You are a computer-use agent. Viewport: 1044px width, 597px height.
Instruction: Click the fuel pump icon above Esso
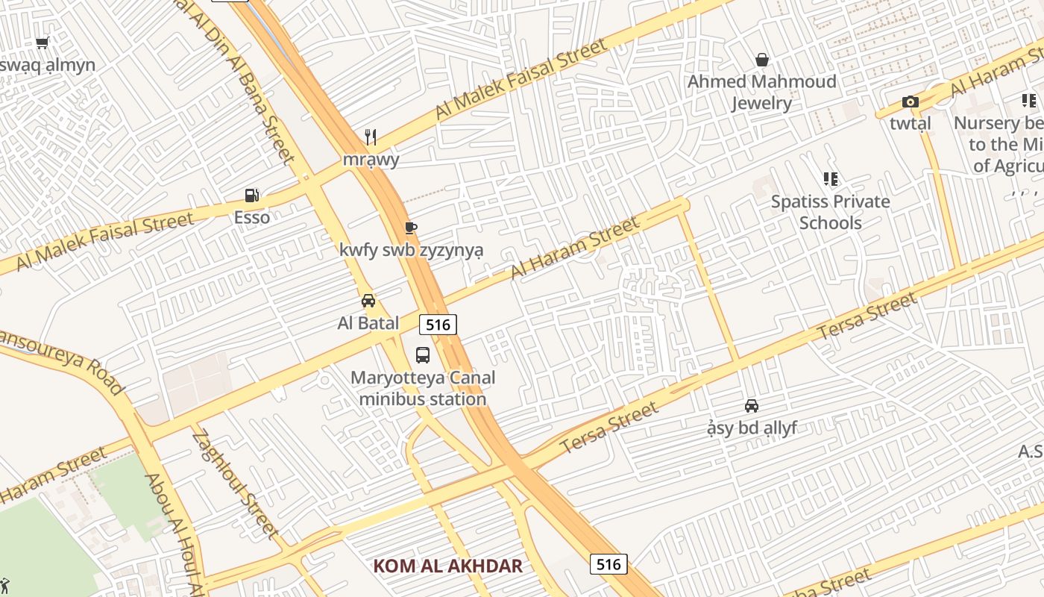[x=252, y=196]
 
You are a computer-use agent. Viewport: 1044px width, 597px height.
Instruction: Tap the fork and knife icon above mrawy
[x=371, y=137]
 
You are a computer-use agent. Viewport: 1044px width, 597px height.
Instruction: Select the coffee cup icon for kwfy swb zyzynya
[x=410, y=228]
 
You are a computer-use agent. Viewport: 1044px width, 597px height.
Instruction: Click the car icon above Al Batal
[x=368, y=301]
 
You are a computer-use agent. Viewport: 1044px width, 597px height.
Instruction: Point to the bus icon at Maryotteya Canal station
[x=423, y=354]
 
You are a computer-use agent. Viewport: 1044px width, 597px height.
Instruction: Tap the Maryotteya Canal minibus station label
[x=423, y=388]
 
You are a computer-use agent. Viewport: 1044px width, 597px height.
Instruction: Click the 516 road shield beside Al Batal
[x=438, y=325]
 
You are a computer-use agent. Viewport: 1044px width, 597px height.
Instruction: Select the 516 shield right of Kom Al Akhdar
[x=609, y=564]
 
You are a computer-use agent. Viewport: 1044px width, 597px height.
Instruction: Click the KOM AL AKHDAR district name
[x=447, y=566]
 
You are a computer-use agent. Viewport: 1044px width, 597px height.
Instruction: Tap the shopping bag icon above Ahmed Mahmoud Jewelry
[x=762, y=59]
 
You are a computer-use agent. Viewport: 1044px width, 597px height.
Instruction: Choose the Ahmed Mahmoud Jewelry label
[x=761, y=92]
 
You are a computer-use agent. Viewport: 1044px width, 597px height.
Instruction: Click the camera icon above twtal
[x=910, y=102]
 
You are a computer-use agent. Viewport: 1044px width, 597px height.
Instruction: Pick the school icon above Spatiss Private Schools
[x=831, y=179]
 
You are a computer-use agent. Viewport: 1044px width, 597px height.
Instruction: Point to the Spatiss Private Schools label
[x=830, y=212]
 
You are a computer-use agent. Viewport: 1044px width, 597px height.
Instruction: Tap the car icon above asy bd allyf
[x=752, y=406]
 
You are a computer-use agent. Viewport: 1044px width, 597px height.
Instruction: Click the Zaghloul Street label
[x=235, y=483]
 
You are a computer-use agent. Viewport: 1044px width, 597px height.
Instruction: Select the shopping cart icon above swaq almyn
[x=43, y=43]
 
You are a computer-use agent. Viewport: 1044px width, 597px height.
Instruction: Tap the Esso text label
[x=252, y=218]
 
